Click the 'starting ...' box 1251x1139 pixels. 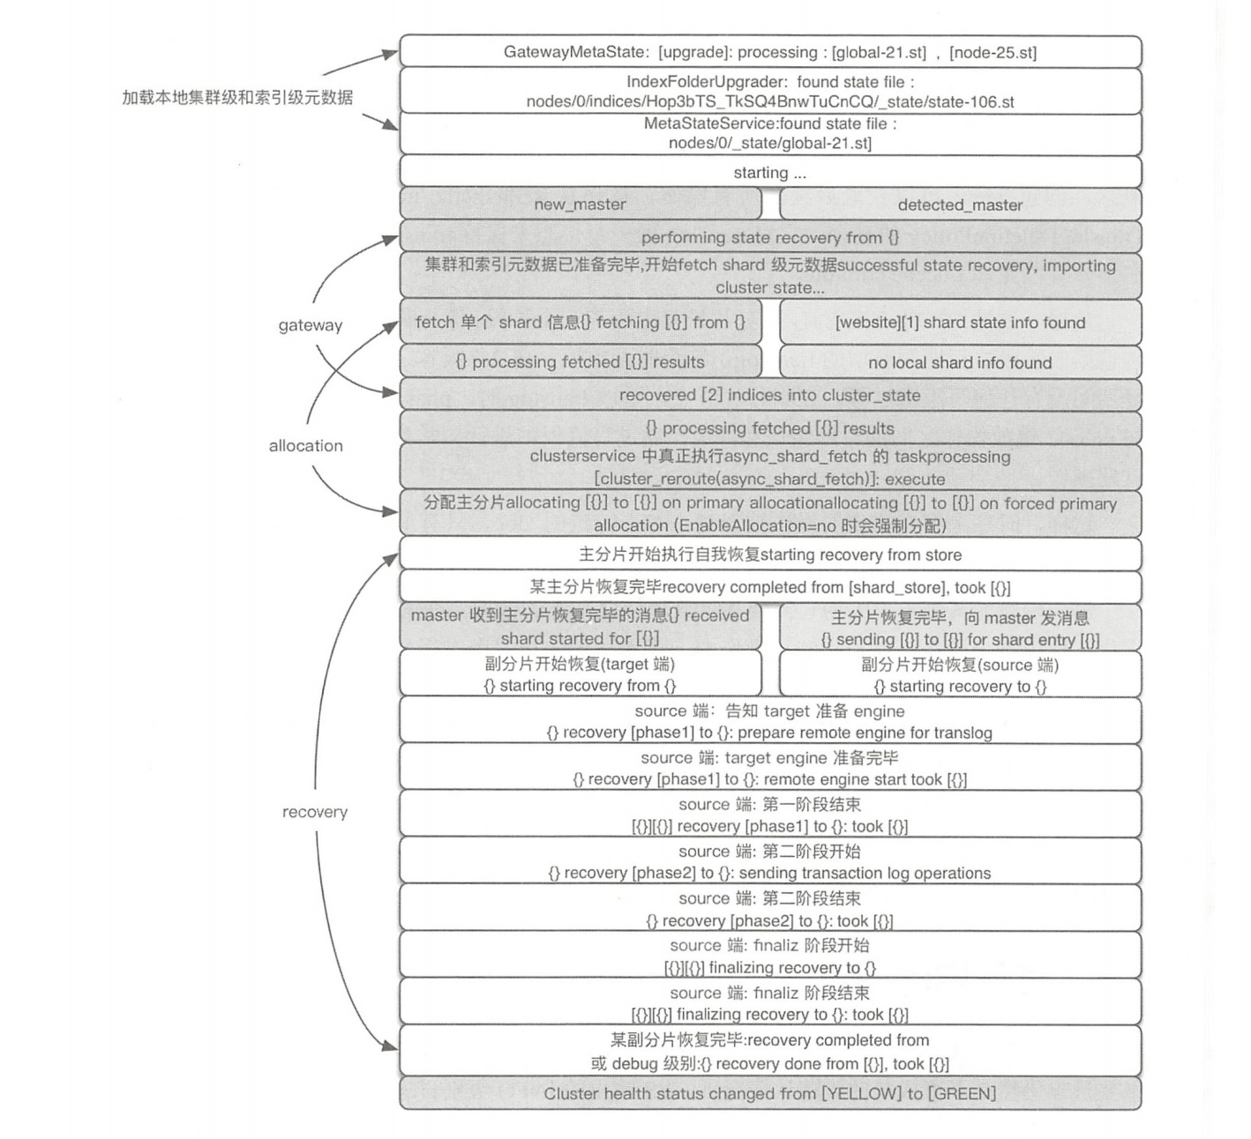(x=769, y=173)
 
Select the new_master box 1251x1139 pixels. (x=580, y=205)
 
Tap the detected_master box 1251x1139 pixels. (x=960, y=205)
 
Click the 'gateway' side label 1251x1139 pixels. (x=311, y=325)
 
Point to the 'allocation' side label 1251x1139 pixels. (x=306, y=445)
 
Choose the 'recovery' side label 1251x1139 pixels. (x=315, y=812)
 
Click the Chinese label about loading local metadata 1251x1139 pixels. (x=237, y=97)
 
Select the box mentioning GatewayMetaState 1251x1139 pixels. (x=769, y=52)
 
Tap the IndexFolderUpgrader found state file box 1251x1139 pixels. (x=769, y=92)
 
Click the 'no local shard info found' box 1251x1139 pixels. (x=960, y=362)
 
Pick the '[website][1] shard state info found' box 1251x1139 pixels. (x=960, y=323)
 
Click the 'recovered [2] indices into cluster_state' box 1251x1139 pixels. (x=769, y=395)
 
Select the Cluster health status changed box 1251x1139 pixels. (x=769, y=1094)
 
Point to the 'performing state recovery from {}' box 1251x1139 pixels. (x=769, y=237)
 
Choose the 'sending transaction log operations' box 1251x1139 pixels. (x=769, y=862)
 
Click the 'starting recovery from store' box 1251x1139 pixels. (x=769, y=555)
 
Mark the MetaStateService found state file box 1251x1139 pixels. (x=769, y=133)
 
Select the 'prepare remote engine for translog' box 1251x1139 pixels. (x=769, y=722)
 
